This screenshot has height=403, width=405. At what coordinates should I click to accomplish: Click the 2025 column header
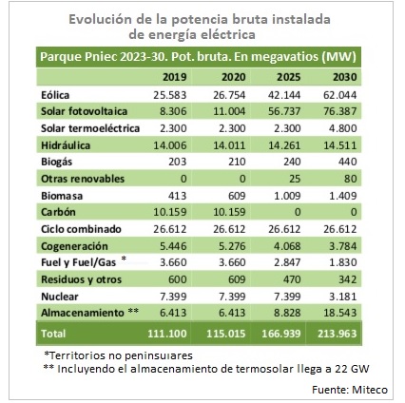click(x=289, y=77)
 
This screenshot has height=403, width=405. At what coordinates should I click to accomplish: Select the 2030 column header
click(x=345, y=77)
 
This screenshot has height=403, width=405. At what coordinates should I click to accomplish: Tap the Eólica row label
click(x=55, y=95)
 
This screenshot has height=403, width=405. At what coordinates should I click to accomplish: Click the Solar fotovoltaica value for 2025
click(x=284, y=111)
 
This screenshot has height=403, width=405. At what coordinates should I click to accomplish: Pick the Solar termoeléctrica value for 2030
click(x=342, y=128)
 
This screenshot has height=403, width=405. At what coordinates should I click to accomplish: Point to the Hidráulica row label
click(x=66, y=145)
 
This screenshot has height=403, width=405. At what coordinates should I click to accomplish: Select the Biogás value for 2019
click(x=177, y=162)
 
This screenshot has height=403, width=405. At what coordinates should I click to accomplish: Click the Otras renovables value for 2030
click(x=351, y=179)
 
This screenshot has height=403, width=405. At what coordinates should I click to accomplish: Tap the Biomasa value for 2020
click(x=237, y=196)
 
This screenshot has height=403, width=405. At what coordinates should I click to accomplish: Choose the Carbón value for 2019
click(x=170, y=212)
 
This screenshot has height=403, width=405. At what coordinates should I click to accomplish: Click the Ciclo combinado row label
click(x=81, y=229)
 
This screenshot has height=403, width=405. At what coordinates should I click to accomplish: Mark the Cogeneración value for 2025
click(x=287, y=246)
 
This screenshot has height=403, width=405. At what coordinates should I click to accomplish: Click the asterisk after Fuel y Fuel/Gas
click(x=124, y=259)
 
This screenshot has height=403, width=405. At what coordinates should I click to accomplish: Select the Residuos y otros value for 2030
click(x=348, y=279)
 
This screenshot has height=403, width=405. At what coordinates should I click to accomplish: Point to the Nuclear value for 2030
click(x=343, y=297)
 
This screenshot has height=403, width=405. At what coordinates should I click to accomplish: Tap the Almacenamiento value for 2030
click(x=340, y=313)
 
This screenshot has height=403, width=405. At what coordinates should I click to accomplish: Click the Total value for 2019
click(x=167, y=334)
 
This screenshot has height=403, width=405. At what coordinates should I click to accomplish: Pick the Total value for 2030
click(x=337, y=334)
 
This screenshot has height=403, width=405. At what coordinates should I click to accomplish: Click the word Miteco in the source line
click(x=370, y=390)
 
